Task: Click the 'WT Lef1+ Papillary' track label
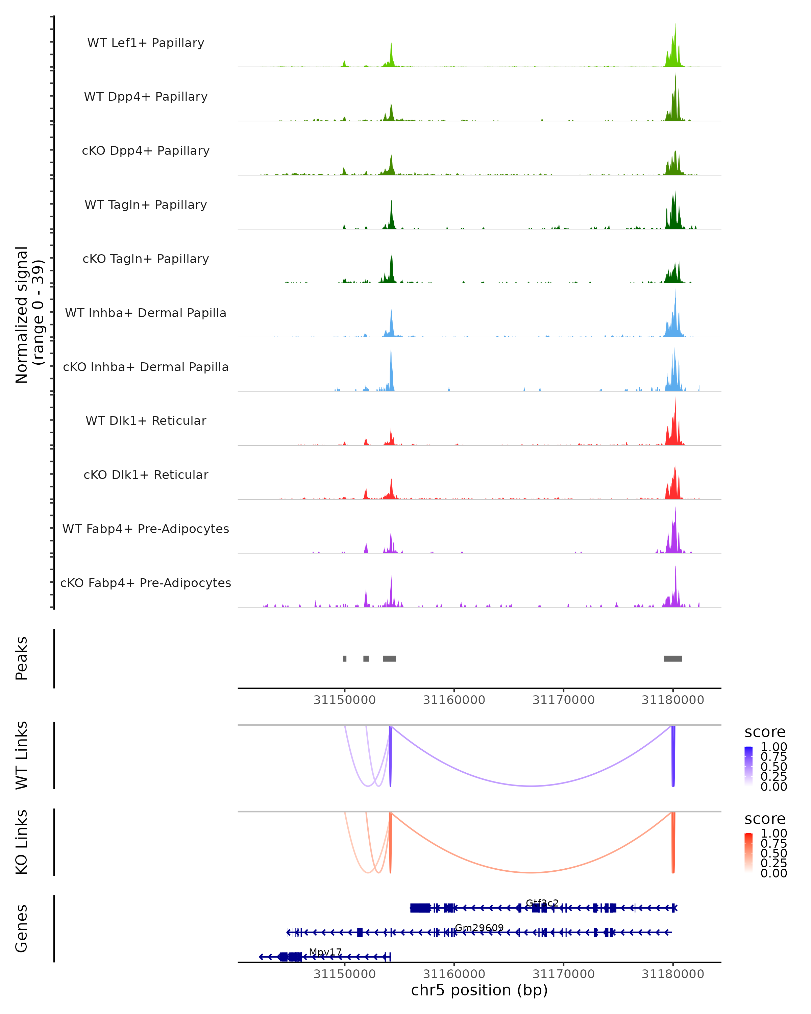146,43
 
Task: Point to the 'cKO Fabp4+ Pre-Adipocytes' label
146,583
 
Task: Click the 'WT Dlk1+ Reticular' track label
146,421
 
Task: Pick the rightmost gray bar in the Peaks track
672,658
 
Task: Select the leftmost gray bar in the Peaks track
345,658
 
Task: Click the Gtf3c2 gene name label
542,903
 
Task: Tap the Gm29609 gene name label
479,928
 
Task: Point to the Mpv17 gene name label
325,952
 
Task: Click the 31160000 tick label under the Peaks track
454,700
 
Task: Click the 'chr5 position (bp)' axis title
479,990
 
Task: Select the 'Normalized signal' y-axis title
22,315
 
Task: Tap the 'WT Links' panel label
22,755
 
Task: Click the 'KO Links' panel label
22,842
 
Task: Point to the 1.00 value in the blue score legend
773,747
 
